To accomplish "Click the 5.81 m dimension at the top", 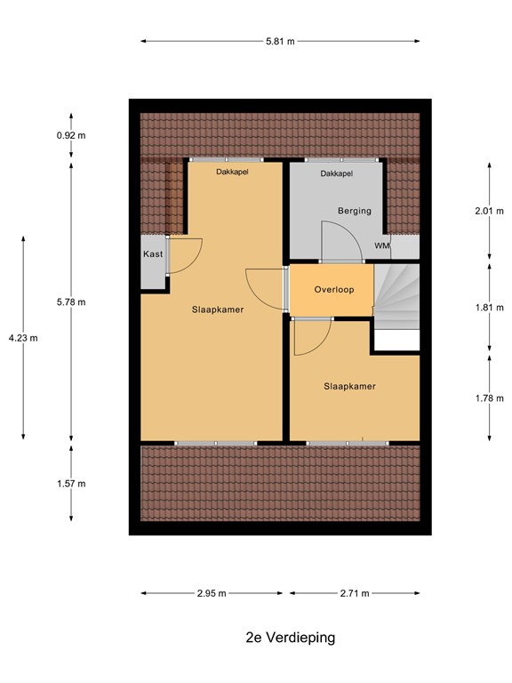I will tap(280, 41).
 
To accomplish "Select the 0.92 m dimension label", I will tap(71, 136).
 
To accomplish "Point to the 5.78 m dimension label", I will tap(71, 301).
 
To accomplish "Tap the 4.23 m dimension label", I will tap(23, 338).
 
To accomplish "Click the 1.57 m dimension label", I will tap(71, 484).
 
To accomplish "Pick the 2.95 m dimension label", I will tap(212, 593).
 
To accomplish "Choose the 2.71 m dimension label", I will tap(353, 593).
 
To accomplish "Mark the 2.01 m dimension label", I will tap(490, 212).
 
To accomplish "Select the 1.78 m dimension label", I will tap(490, 398).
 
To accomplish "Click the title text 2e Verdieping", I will tap(278, 638).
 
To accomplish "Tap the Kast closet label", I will tap(152, 254).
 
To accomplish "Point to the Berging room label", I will tap(354, 211).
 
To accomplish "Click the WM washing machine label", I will tap(381, 245).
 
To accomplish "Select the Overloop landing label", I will tap(334, 290).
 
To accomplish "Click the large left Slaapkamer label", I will tap(218, 310).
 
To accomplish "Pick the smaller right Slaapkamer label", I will tap(349, 387).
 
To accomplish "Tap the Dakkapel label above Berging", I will tap(337, 174).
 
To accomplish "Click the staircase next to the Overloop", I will tap(396, 298).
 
